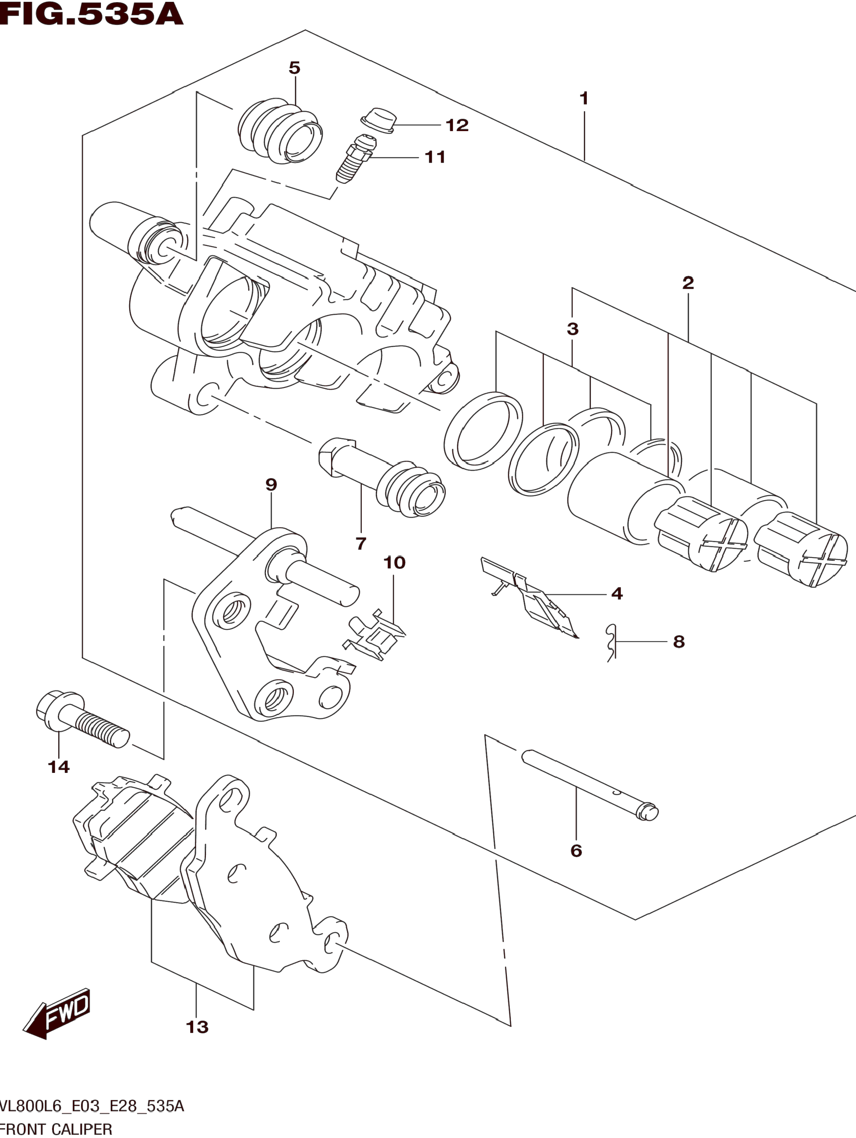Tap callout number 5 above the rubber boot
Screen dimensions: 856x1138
pos(294,68)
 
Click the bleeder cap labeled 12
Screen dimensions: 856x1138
pos(378,120)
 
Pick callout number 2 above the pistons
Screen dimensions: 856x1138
pos(688,282)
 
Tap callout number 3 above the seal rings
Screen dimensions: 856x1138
pos(572,329)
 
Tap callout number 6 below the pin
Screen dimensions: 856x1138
pos(576,851)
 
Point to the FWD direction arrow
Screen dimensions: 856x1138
pos(56,1014)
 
